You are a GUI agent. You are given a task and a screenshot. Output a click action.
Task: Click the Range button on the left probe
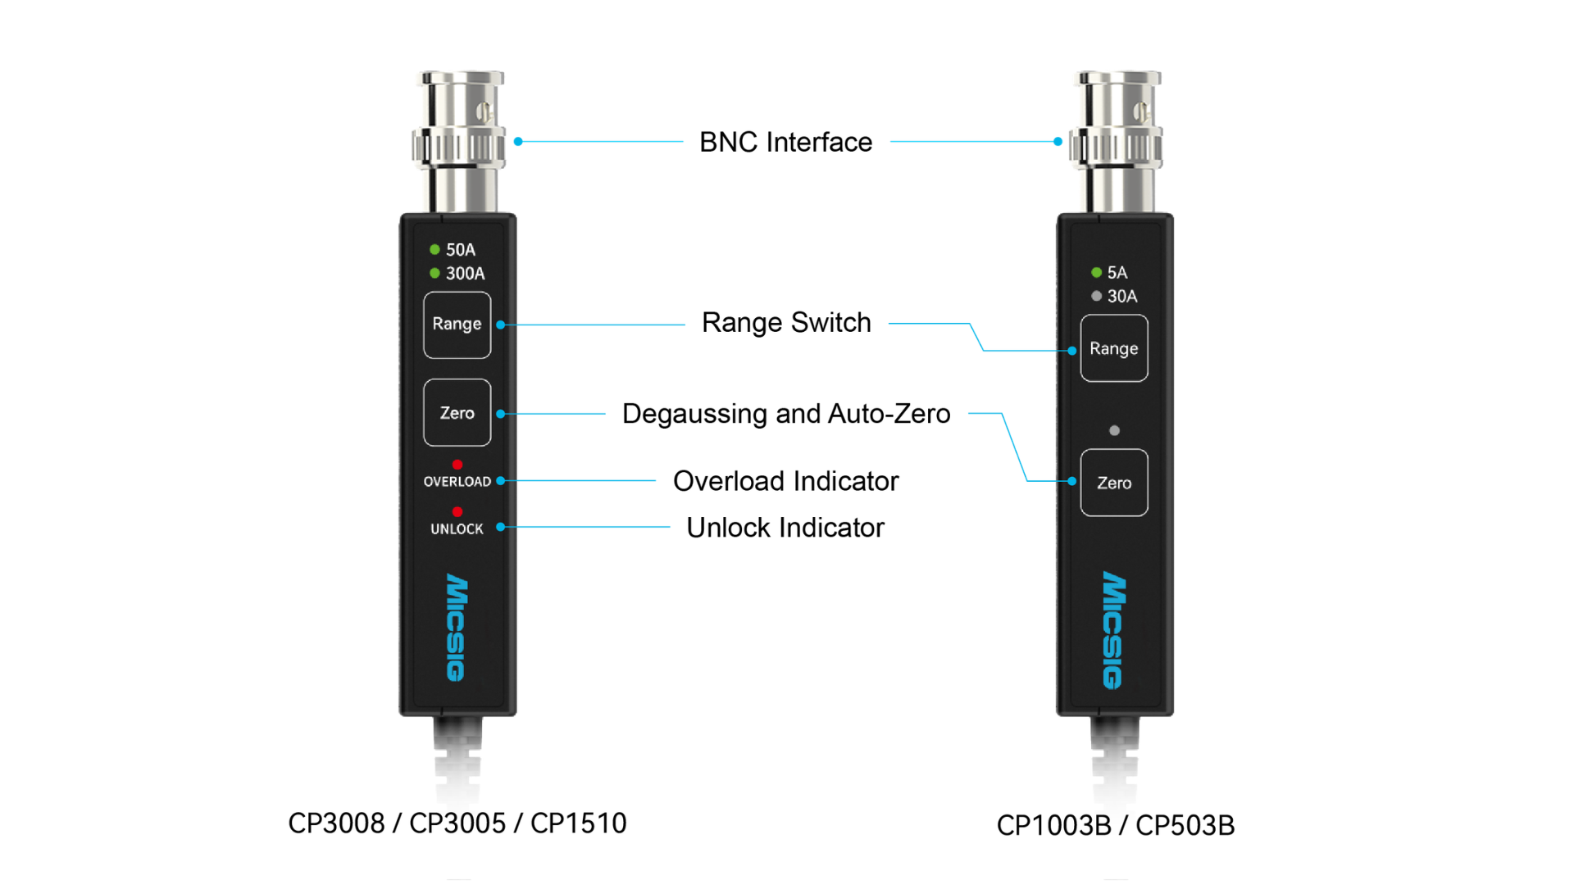(457, 324)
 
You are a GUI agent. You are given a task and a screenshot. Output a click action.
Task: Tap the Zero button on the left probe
(457, 413)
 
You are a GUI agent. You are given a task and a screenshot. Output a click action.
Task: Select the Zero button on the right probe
(1113, 483)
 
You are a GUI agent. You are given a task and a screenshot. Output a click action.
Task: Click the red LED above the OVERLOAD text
(457, 465)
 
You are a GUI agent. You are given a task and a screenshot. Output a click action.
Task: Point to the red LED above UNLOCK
(457, 512)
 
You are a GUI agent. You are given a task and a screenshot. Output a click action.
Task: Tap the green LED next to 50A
(434, 249)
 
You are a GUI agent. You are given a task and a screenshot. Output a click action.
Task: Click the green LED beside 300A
(434, 273)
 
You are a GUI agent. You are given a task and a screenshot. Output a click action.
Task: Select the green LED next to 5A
(1096, 272)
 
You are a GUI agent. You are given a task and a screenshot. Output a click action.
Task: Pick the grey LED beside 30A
(1096, 296)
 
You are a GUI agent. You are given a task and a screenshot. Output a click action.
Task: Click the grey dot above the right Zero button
(1114, 430)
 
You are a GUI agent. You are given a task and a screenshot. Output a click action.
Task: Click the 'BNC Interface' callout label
(785, 142)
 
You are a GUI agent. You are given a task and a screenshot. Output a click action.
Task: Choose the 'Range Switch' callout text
(786, 323)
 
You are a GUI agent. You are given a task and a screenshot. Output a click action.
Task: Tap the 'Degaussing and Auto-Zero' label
(786, 414)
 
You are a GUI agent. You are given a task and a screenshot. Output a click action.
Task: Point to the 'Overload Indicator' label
(785, 481)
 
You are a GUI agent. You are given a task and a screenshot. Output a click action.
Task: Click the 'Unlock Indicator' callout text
(785, 528)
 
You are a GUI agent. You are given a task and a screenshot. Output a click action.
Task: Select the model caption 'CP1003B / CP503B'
(1115, 825)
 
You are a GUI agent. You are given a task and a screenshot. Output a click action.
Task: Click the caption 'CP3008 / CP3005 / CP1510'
(457, 823)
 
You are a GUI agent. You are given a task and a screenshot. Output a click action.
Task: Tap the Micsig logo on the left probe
(456, 627)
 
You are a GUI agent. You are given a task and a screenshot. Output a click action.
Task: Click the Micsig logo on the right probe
(1112, 630)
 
